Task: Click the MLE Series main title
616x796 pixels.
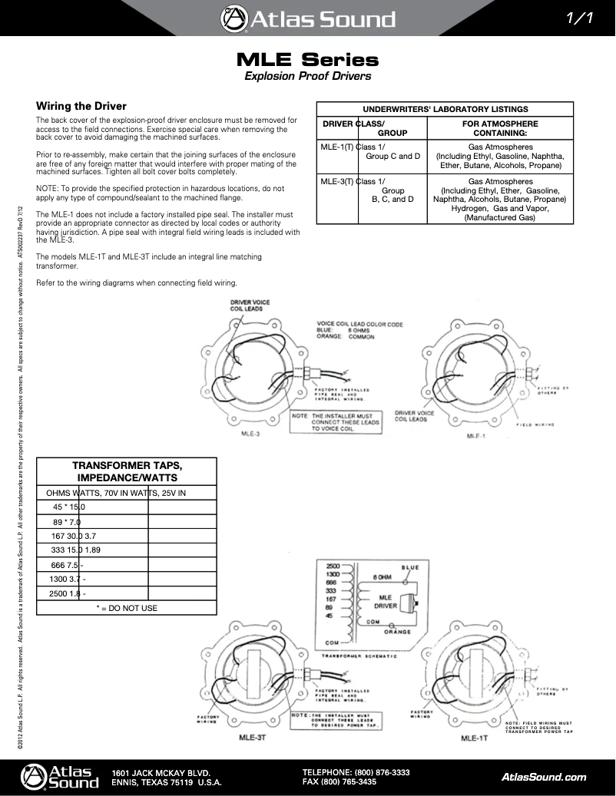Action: pos(307,59)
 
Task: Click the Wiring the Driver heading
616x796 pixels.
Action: pos(81,106)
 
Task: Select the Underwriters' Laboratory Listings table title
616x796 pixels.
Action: pos(445,109)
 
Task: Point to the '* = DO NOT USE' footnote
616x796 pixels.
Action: pos(127,608)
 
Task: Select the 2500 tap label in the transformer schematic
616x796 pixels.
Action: pos(333,564)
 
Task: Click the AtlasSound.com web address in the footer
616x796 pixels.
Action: pos(543,777)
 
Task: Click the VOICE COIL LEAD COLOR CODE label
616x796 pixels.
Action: pos(360,324)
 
